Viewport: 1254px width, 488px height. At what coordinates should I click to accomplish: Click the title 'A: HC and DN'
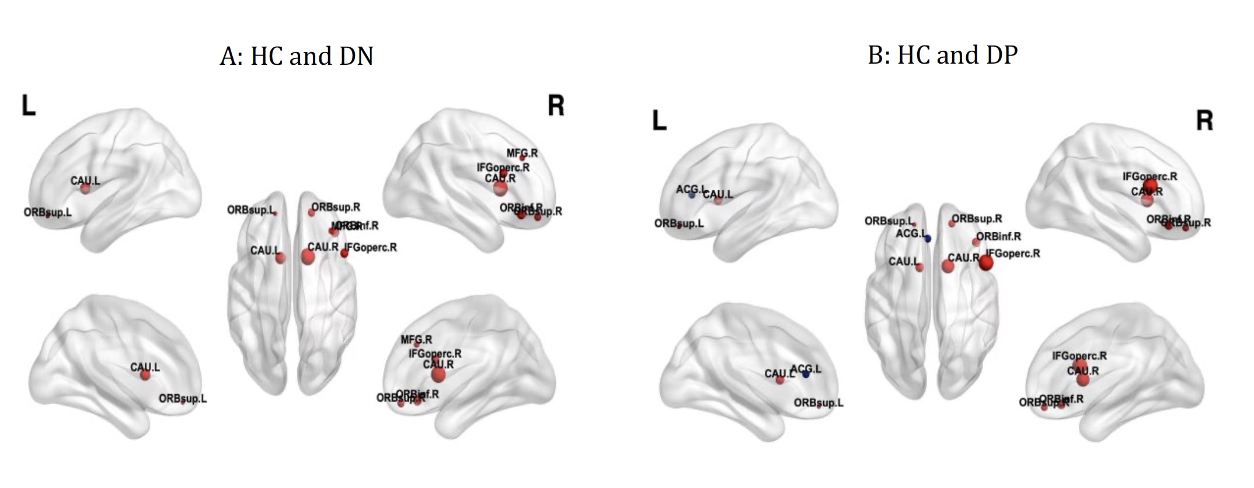(297, 57)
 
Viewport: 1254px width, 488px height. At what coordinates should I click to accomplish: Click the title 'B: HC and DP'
(942, 55)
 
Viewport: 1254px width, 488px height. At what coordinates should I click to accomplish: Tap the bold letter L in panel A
(29, 106)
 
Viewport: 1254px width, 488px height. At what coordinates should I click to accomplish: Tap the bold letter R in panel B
(1204, 121)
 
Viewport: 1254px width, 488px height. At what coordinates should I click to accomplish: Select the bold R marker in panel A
(556, 106)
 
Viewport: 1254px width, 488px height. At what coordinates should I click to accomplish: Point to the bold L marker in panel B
(659, 121)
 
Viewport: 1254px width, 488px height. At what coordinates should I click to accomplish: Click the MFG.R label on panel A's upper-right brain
(522, 154)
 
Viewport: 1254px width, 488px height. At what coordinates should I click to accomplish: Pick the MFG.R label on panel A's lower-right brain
(416, 340)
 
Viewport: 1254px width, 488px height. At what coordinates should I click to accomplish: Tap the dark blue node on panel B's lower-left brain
(806, 374)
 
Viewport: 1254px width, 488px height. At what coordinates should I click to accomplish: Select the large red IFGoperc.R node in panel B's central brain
(986, 263)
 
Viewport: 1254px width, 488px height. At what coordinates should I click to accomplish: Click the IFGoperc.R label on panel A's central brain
(371, 248)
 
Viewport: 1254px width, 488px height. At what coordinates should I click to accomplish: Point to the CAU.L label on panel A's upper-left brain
(85, 181)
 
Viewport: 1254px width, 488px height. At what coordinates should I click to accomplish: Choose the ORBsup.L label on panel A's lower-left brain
(183, 399)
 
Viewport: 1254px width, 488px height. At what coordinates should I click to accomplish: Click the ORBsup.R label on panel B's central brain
(977, 219)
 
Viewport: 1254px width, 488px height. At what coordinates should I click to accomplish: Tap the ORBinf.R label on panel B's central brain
(999, 236)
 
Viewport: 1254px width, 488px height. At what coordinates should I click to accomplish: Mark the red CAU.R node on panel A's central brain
(308, 257)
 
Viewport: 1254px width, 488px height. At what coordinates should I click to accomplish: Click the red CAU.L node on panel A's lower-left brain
(145, 375)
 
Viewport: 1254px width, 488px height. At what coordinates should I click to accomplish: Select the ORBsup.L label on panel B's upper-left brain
(679, 224)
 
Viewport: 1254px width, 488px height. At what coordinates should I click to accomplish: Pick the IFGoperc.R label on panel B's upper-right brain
(1149, 176)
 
